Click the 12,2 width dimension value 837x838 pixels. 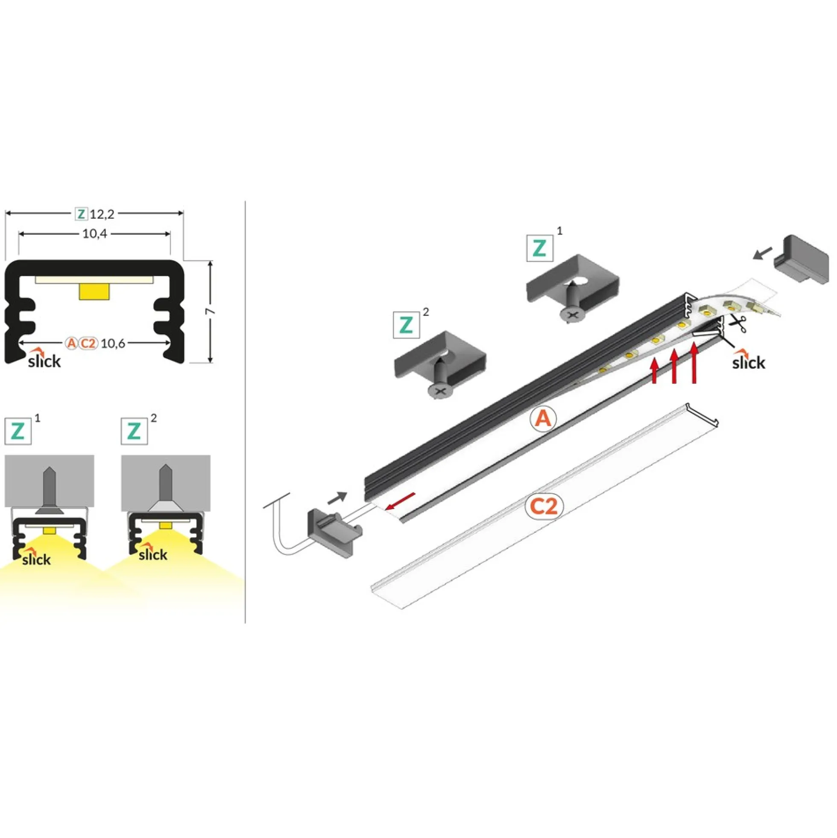click(x=102, y=214)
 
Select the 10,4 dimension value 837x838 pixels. click(x=94, y=234)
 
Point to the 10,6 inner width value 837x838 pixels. click(x=113, y=344)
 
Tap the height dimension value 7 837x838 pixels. click(x=211, y=312)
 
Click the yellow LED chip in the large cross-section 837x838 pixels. click(x=94, y=291)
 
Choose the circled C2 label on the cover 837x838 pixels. click(x=544, y=506)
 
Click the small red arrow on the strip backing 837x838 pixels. click(x=400, y=501)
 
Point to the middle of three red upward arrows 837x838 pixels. click(x=673, y=366)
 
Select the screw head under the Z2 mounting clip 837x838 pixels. click(x=440, y=393)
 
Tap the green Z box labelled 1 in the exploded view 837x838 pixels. click(x=540, y=248)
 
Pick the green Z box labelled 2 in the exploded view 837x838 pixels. click(x=406, y=325)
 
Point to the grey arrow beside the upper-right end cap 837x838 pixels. click(x=762, y=253)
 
